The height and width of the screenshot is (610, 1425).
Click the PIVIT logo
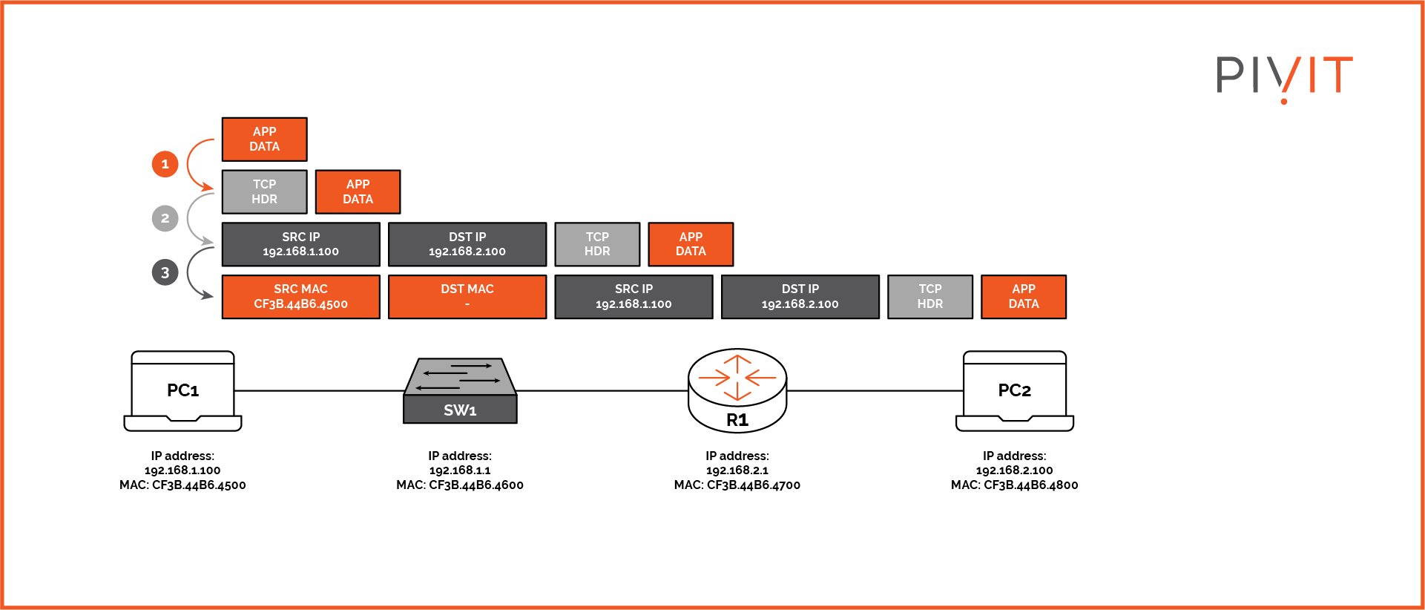pyautogui.click(x=1284, y=76)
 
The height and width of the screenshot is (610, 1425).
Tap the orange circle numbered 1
pyautogui.click(x=165, y=164)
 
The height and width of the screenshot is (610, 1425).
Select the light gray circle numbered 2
pyautogui.click(x=165, y=218)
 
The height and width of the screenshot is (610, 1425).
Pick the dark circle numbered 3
pyautogui.click(x=165, y=272)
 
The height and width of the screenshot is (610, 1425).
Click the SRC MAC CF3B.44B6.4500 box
pyautogui.click(x=300, y=297)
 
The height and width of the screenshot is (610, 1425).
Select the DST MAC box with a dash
pyautogui.click(x=467, y=297)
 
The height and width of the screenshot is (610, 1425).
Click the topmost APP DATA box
pyautogui.click(x=264, y=139)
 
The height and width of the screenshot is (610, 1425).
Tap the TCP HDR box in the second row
pyautogui.click(x=264, y=191)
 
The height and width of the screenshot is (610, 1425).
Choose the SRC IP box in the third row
pyautogui.click(x=300, y=244)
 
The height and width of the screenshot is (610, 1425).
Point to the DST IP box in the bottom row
pyautogui.click(x=800, y=297)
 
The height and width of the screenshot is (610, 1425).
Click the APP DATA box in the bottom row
pyautogui.click(x=1023, y=297)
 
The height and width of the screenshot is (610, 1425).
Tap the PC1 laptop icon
pyautogui.click(x=182, y=391)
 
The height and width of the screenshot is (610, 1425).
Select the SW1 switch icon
pyautogui.click(x=460, y=391)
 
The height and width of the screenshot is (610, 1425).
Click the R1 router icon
pyautogui.click(x=737, y=392)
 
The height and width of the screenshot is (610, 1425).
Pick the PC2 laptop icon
pyautogui.click(x=1014, y=391)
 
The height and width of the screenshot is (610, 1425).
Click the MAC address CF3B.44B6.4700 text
pyautogui.click(x=753, y=485)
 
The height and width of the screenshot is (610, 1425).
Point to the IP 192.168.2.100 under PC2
pyautogui.click(x=1014, y=470)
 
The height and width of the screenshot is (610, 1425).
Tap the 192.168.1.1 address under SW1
pyautogui.click(x=460, y=470)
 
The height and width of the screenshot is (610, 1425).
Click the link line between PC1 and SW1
pyautogui.click(x=319, y=391)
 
